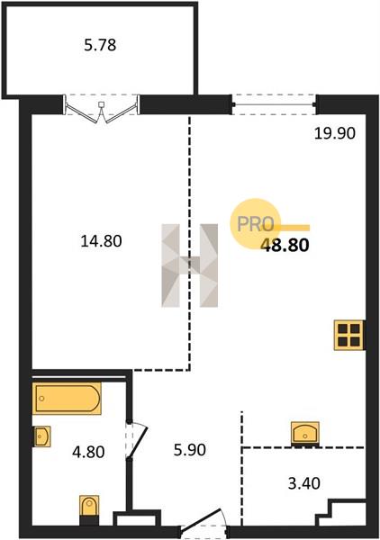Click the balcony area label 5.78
(x=100, y=45)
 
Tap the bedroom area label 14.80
(x=101, y=240)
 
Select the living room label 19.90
(x=334, y=133)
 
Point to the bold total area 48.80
(x=285, y=245)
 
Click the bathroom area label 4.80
(x=88, y=452)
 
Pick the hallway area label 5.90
(x=190, y=450)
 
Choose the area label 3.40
(x=303, y=483)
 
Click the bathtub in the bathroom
(x=67, y=399)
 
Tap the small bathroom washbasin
(x=41, y=436)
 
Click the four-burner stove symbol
(x=348, y=335)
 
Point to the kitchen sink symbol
(x=305, y=434)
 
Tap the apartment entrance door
(x=204, y=520)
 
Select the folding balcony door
(x=101, y=109)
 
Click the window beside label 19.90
(x=275, y=104)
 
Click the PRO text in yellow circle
(x=256, y=224)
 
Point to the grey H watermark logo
(x=189, y=265)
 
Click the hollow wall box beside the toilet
(x=137, y=518)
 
